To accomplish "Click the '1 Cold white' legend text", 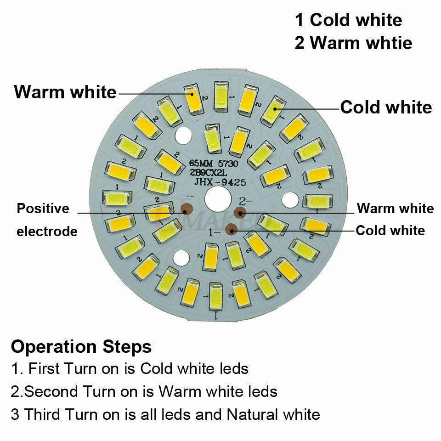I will point(348,20).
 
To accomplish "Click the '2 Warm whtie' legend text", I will point(353,43).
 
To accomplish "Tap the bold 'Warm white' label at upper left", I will point(65,92).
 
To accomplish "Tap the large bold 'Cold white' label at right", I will point(386,107).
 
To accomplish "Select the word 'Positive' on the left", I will point(43,209).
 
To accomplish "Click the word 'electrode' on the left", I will point(47,232).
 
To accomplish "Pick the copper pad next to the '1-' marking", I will point(232,228).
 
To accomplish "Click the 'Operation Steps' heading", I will point(81,346).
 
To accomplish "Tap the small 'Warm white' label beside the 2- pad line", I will point(395,209).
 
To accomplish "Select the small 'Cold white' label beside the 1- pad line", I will point(390,230).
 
